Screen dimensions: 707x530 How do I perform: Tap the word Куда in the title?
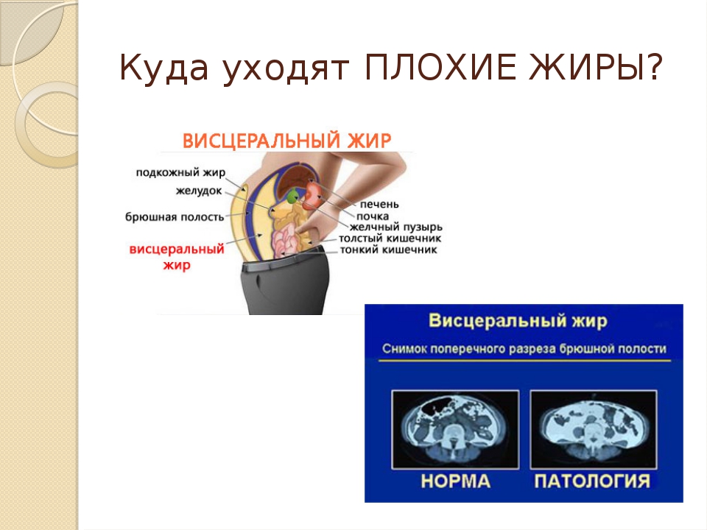coord(164,68)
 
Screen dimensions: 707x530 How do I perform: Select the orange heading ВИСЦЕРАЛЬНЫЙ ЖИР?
coord(286,141)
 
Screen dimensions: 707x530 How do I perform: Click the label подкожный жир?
coord(180,172)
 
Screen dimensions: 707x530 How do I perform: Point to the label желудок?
coord(199,191)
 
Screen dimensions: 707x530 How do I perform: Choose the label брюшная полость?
coord(175,216)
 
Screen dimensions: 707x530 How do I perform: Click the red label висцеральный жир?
coord(177,257)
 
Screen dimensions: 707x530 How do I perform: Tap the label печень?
coord(379,205)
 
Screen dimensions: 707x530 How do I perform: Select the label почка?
coord(373,216)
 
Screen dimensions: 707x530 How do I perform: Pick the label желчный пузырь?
coord(395,227)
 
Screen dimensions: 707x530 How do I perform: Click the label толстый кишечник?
coord(390,239)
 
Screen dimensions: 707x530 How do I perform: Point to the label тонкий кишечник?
coord(388,250)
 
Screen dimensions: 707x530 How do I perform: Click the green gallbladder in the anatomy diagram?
coord(293,196)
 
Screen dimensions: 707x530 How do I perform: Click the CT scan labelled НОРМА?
coord(455,429)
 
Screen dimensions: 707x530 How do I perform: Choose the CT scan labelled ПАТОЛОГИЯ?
coord(594,429)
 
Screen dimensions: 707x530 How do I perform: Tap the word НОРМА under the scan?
coord(455,481)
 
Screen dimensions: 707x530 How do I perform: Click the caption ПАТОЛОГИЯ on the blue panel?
coord(592,481)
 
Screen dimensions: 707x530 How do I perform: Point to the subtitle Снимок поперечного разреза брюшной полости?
coord(524,349)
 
